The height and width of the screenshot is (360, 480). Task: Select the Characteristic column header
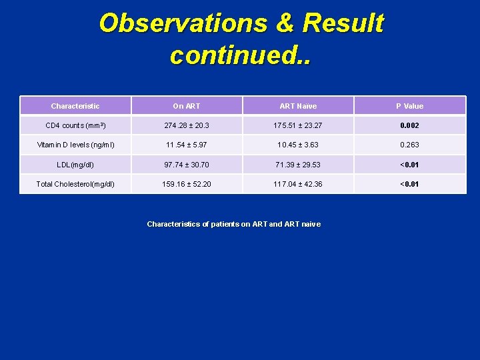[x=75, y=106]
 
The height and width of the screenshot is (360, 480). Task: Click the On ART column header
[x=187, y=106]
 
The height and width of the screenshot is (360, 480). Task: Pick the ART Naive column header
[x=298, y=106]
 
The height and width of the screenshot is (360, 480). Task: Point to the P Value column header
[x=409, y=106]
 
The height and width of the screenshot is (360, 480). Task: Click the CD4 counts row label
[x=75, y=125]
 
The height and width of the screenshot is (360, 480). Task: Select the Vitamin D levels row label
[x=75, y=145]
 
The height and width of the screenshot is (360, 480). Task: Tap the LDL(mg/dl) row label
[x=75, y=165]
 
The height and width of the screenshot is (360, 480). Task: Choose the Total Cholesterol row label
[x=75, y=184]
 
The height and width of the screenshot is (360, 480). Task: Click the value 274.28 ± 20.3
[x=187, y=125]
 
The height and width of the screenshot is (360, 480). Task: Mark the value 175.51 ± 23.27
[x=298, y=125]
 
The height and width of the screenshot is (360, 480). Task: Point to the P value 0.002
[x=409, y=125]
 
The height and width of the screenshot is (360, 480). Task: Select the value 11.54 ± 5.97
[x=187, y=145]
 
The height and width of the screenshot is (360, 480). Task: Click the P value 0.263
[x=409, y=145]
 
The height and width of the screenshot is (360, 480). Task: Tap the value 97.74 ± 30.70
[x=187, y=165]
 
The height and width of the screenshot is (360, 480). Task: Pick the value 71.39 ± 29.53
[x=298, y=165]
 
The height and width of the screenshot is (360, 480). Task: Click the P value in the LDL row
[x=409, y=165]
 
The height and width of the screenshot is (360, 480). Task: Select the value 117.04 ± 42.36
[x=298, y=184]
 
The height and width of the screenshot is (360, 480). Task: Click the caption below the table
[x=233, y=224]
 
